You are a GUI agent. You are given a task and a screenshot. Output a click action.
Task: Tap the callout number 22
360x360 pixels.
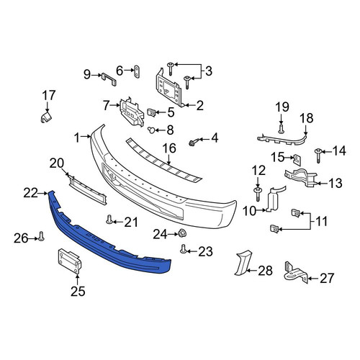(30, 193)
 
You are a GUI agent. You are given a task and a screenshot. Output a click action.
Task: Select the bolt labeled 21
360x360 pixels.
(109, 220)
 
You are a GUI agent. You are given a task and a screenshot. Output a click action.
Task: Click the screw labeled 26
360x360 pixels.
(42, 236)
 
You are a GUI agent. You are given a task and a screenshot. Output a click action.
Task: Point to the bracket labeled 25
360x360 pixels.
(69, 261)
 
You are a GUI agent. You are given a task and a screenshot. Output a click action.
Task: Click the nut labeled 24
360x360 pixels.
(183, 233)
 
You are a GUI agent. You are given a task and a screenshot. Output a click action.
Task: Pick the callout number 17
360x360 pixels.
(49, 95)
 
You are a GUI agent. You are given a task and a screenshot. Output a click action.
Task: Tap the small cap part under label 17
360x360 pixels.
(46, 117)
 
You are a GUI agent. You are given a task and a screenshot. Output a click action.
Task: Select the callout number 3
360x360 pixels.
(209, 71)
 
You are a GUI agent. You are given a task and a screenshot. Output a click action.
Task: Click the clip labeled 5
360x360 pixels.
(151, 112)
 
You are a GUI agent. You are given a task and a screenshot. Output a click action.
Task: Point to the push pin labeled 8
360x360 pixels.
(151, 130)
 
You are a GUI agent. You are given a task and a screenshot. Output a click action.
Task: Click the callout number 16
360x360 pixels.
(169, 148)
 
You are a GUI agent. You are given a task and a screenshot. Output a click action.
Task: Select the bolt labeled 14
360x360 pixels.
(318, 156)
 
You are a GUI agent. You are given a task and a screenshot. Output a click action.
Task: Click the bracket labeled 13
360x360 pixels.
(300, 178)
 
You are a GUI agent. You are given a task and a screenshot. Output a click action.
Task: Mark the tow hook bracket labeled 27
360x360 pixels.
(296, 273)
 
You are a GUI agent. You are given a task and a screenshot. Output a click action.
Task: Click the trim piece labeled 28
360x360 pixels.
(243, 262)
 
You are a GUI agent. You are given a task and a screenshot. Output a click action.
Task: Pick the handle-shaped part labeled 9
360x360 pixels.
(109, 79)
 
